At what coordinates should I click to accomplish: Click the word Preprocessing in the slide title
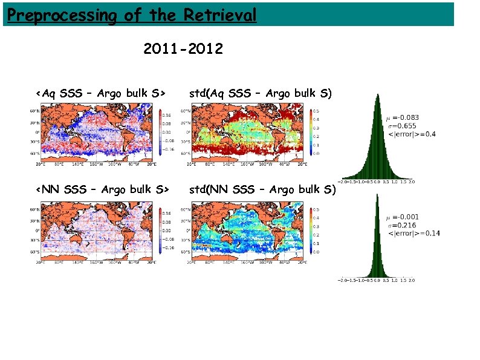point(60,15)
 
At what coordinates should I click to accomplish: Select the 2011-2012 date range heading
point(183,48)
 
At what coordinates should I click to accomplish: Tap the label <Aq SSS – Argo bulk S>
point(101,93)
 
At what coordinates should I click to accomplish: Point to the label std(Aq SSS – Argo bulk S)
point(261,93)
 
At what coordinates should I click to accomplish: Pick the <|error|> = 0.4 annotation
point(411,133)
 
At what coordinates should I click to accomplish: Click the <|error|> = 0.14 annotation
point(414,232)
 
